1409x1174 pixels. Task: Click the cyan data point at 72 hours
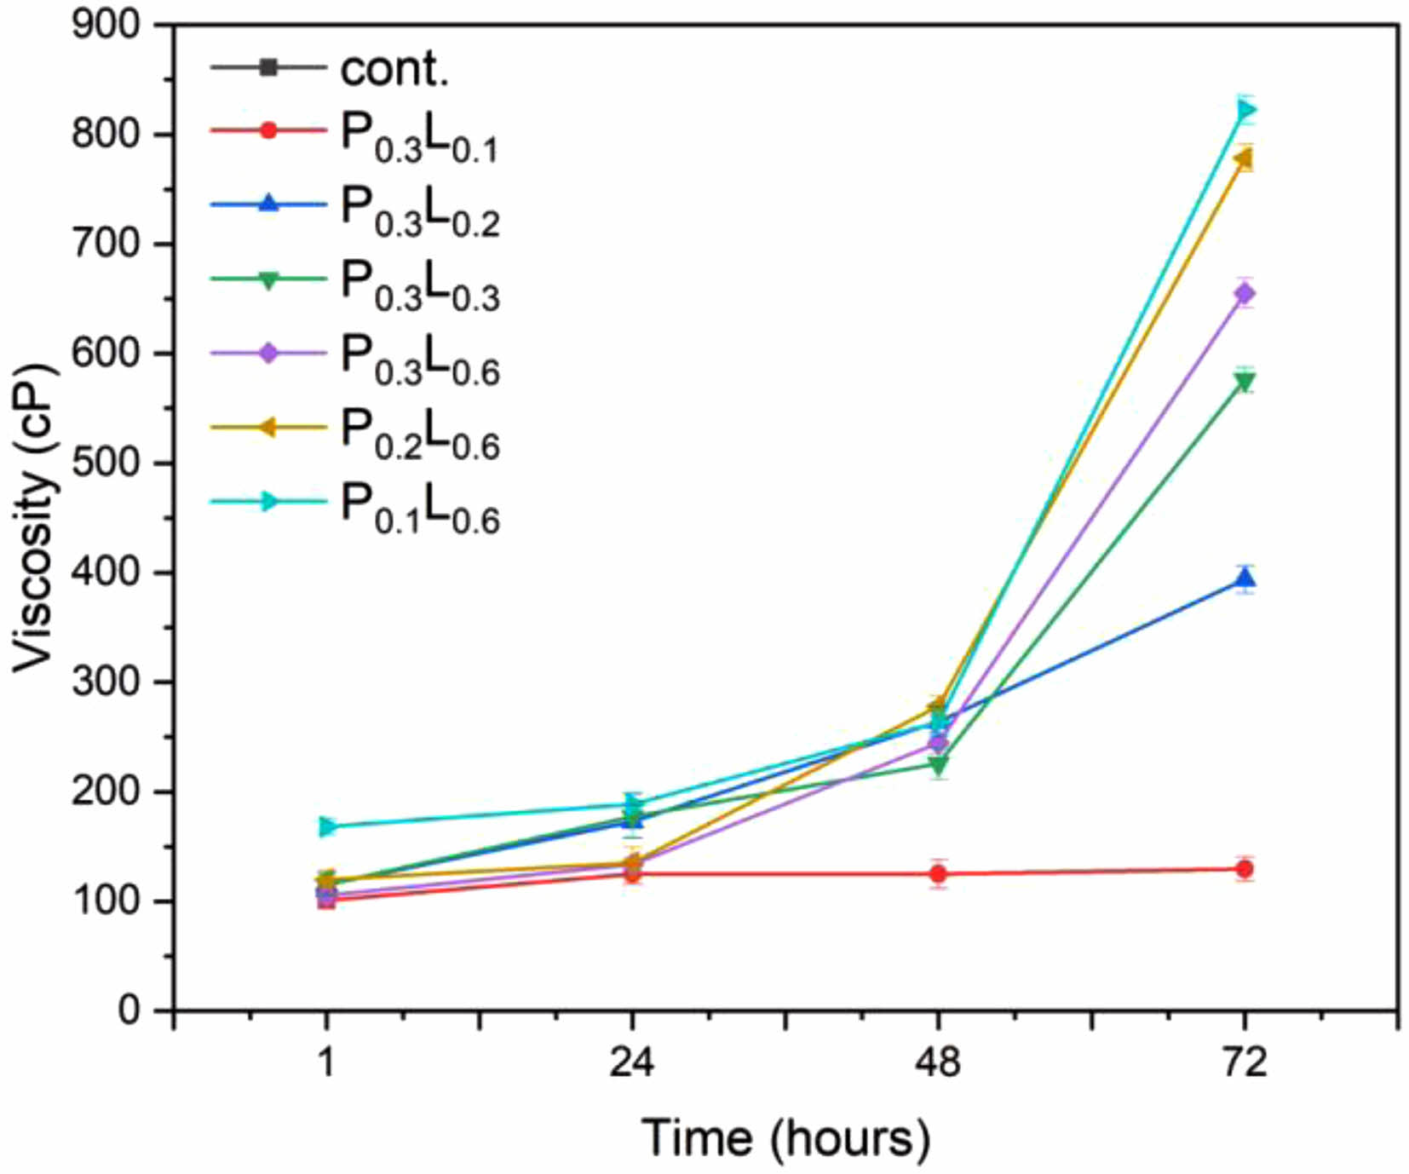[1245, 110]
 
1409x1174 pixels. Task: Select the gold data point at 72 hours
[1244, 158]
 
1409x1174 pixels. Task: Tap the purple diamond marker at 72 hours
[1245, 294]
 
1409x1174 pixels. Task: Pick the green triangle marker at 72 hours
[1245, 383]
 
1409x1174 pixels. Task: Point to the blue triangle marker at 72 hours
[1245, 580]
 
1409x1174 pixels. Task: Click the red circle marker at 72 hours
[1245, 869]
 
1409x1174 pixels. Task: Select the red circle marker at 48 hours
[939, 873]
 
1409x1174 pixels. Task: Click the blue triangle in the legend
[268, 204]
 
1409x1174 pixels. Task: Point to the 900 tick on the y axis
[106, 25]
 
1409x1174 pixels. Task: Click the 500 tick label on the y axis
[106, 463]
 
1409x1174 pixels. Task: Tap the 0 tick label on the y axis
[129, 1011]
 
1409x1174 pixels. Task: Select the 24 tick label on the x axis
[632, 1062]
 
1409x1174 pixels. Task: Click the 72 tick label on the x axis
[1245, 1062]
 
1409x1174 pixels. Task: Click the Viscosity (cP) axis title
[34, 518]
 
